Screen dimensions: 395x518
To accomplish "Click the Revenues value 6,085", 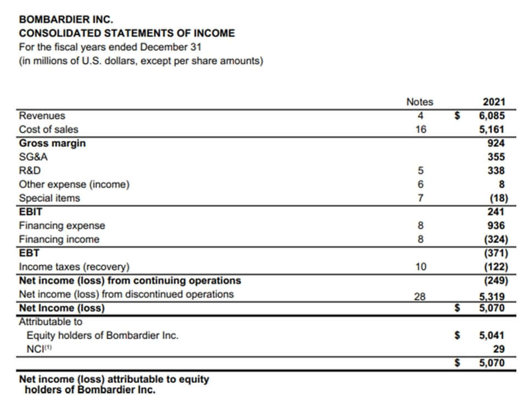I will tap(492, 116).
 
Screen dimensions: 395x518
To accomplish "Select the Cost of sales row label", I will tap(48, 130).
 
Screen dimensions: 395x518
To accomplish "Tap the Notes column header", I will tap(419, 102).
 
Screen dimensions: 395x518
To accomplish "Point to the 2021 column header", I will tap(493, 102).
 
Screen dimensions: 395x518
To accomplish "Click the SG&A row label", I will tap(30, 157).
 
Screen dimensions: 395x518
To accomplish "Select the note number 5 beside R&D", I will tap(420, 171).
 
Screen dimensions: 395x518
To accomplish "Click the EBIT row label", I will tap(31, 211).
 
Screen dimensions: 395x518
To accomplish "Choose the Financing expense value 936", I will tap(496, 226).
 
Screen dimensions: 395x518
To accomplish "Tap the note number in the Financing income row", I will tap(420, 239).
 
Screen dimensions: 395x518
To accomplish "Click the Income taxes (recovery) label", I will tap(74, 267).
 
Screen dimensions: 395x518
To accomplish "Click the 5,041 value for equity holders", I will tap(492, 334).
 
